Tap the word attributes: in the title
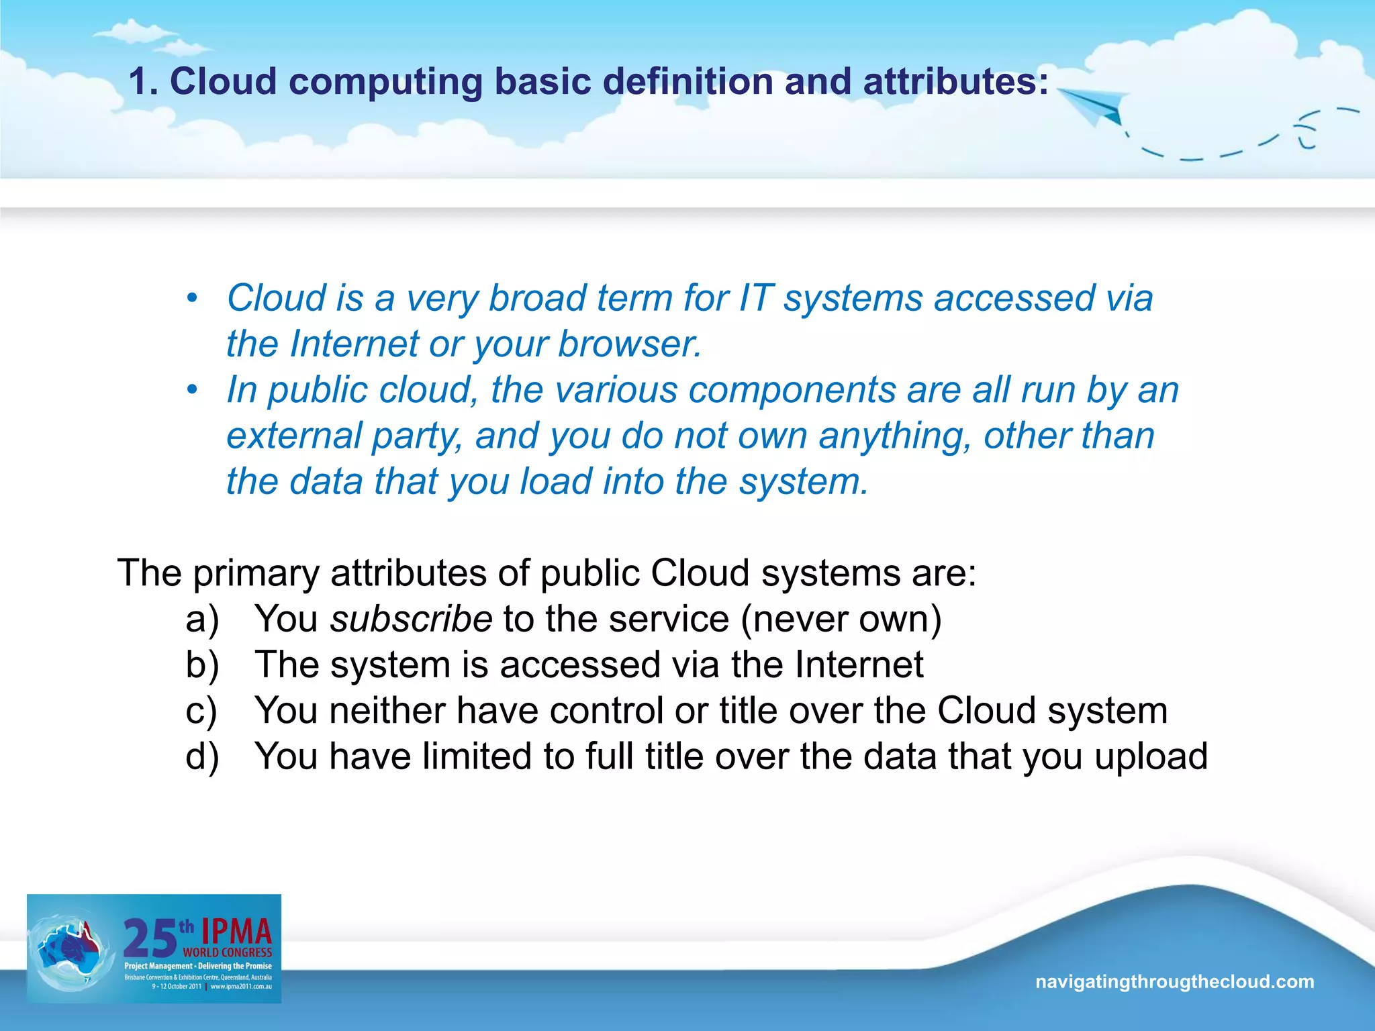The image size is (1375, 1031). (955, 82)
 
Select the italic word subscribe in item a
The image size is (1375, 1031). (411, 619)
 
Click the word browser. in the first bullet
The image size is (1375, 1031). (630, 344)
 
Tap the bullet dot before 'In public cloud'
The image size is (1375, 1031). (193, 390)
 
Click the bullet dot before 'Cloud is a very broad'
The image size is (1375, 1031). (193, 298)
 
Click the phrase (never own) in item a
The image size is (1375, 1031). (841, 619)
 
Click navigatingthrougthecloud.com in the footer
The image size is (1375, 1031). (1174, 982)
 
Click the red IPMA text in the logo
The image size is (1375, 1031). (236, 932)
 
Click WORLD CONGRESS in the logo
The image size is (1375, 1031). (228, 952)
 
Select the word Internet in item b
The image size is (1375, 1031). (859, 665)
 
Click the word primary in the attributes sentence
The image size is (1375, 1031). (256, 574)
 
